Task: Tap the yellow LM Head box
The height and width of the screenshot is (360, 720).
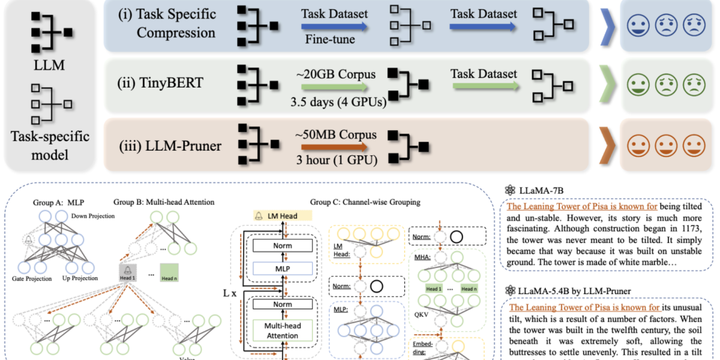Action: coord(282,215)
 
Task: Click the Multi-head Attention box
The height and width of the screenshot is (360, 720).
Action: coord(282,331)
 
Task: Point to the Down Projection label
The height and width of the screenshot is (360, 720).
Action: coord(95,216)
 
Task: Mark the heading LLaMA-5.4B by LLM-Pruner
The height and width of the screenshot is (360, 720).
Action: coord(574,291)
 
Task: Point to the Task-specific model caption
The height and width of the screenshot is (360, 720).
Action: coord(50,145)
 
